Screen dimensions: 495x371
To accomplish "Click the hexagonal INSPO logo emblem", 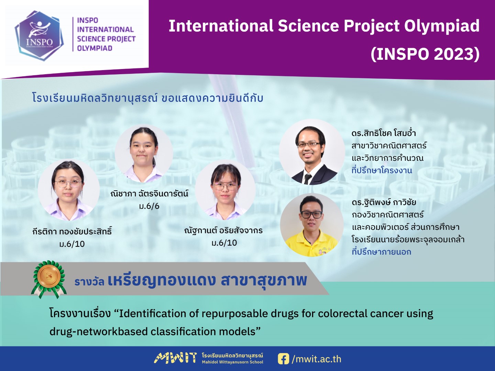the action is coord(39,36).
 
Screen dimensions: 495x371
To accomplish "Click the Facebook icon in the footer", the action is coord(284,359).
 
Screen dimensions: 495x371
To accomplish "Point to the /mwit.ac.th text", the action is coord(316,359).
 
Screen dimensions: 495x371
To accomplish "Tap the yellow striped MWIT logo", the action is coord(175,358).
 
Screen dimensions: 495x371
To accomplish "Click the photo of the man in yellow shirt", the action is coord(312,225).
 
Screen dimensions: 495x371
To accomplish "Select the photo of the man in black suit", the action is coord(312,152).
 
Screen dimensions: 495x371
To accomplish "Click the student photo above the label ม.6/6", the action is coord(144,154).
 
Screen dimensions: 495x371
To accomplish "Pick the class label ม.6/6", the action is coord(149,206).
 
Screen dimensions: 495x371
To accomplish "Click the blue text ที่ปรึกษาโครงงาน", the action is coord(382,170).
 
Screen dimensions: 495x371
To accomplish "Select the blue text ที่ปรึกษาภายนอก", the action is coord(381,251).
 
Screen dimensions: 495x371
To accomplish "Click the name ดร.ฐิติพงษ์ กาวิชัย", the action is coord(384,202).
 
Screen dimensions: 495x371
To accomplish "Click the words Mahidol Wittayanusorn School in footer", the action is coord(232,362).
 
